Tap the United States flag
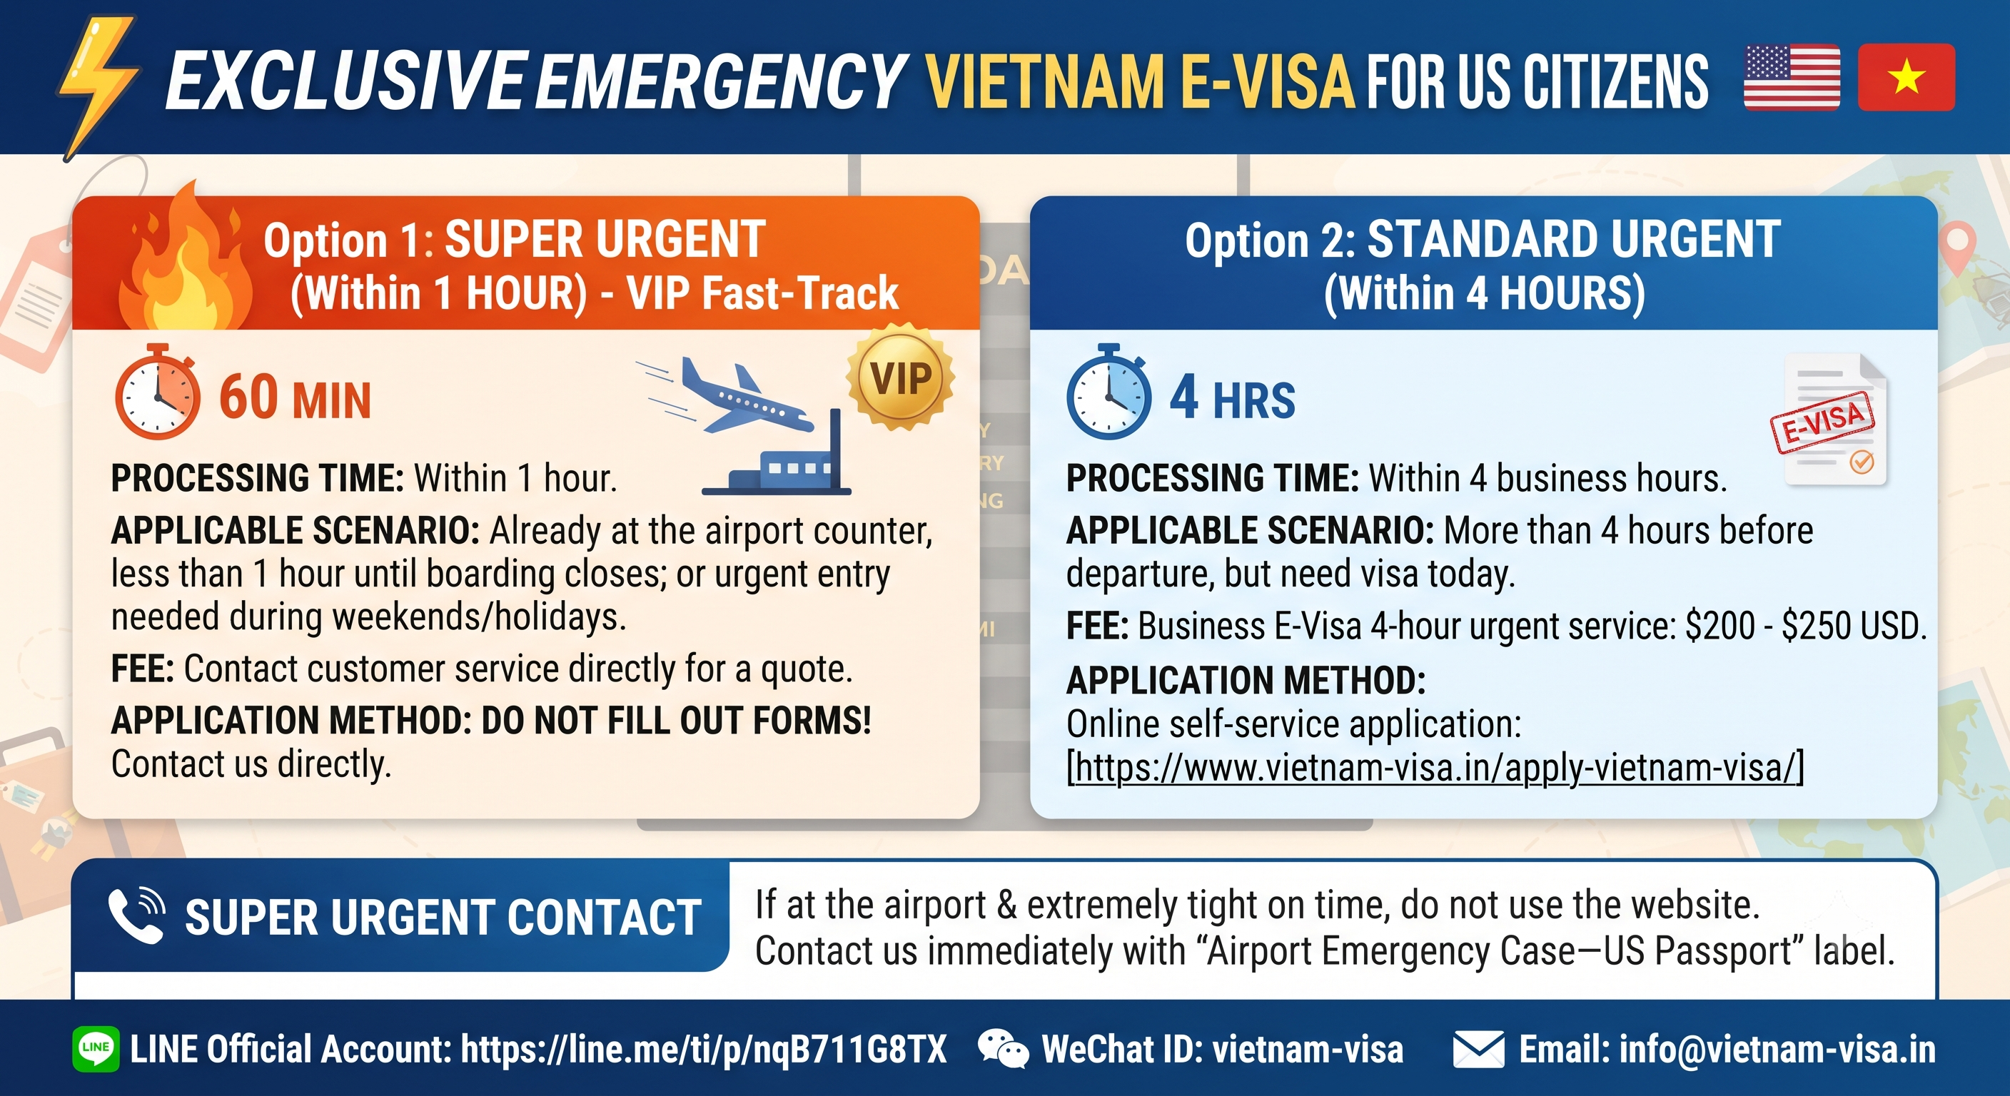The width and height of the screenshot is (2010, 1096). pos(1792,77)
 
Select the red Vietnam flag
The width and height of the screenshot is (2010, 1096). pos(1907,77)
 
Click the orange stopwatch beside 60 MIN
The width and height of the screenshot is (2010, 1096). pos(158,392)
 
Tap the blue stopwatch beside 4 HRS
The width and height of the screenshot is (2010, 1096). pos(1108,392)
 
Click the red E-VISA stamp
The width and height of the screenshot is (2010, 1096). pos(1822,421)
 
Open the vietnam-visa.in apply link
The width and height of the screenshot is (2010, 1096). pos(1435,768)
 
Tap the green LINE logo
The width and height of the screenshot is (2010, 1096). pos(96,1048)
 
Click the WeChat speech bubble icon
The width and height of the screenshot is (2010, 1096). pos(1003,1048)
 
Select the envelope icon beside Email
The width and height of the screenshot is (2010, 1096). pos(1479,1049)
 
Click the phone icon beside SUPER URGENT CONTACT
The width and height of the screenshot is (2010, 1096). pos(136,915)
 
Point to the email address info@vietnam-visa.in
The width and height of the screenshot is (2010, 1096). pos(1777,1049)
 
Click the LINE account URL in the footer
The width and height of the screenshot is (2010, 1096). pos(704,1049)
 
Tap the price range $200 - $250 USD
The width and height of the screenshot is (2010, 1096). pos(1806,626)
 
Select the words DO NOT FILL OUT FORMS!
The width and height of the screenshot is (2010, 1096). pos(676,720)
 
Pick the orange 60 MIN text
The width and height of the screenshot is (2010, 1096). pos(295,398)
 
